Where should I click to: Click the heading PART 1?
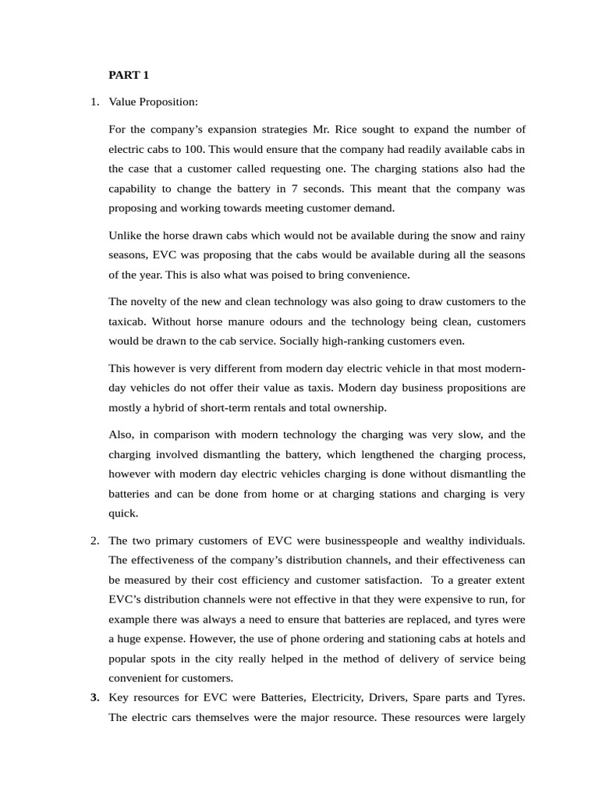point(128,76)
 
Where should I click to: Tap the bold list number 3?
point(94,698)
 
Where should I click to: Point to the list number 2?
point(94,540)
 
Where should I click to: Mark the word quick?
point(122,513)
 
